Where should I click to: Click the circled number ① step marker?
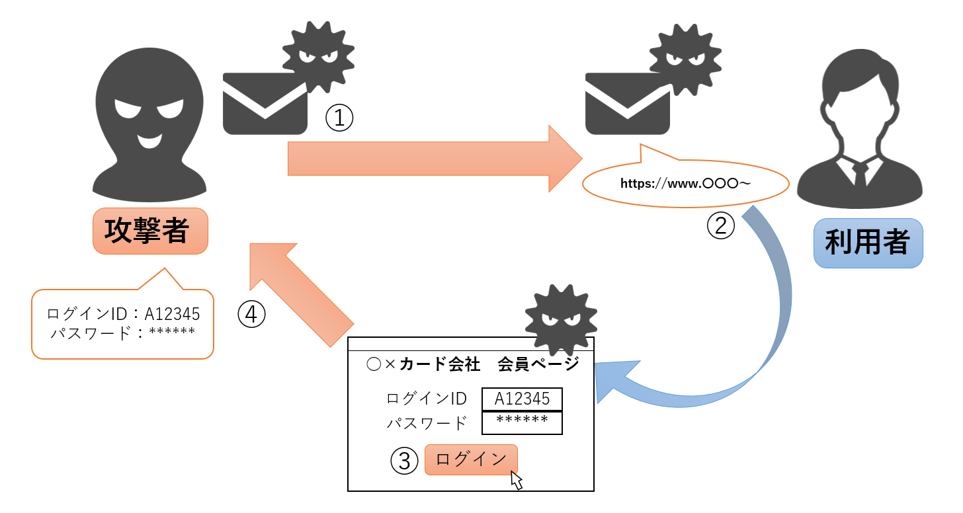click(339, 118)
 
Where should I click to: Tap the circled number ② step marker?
click(721, 225)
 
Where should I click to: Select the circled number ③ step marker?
click(405, 461)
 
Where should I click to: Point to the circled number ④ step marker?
click(251, 315)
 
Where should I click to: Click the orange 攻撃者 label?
click(150, 231)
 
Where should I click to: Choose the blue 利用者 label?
click(867, 243)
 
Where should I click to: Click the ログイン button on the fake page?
click(471, 459)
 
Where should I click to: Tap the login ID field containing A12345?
click(522, 399)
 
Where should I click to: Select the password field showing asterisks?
click(522, 422)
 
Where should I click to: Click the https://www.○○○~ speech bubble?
click(685, 183)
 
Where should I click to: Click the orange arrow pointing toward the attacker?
click(301, 291)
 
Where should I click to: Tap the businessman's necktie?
click(859, 174)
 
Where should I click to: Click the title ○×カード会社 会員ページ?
click(472, 364)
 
